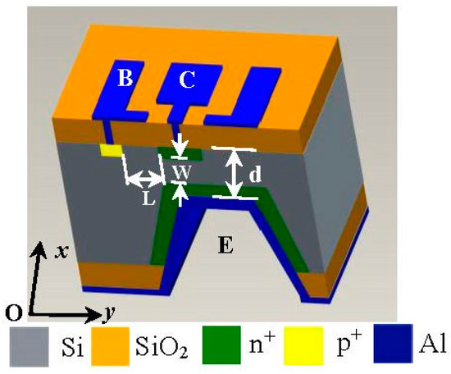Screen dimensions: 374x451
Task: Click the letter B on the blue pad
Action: point(125,80)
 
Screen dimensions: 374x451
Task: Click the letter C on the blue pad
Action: point(188,80)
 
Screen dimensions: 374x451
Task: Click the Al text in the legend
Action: point(432,348)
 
